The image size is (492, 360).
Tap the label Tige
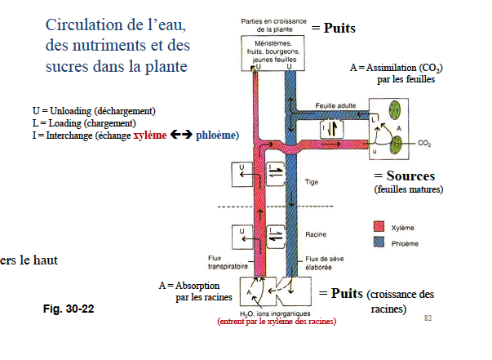311,181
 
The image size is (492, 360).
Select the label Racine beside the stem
316,234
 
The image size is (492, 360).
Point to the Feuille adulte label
337,105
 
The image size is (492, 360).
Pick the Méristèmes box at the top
272,50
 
